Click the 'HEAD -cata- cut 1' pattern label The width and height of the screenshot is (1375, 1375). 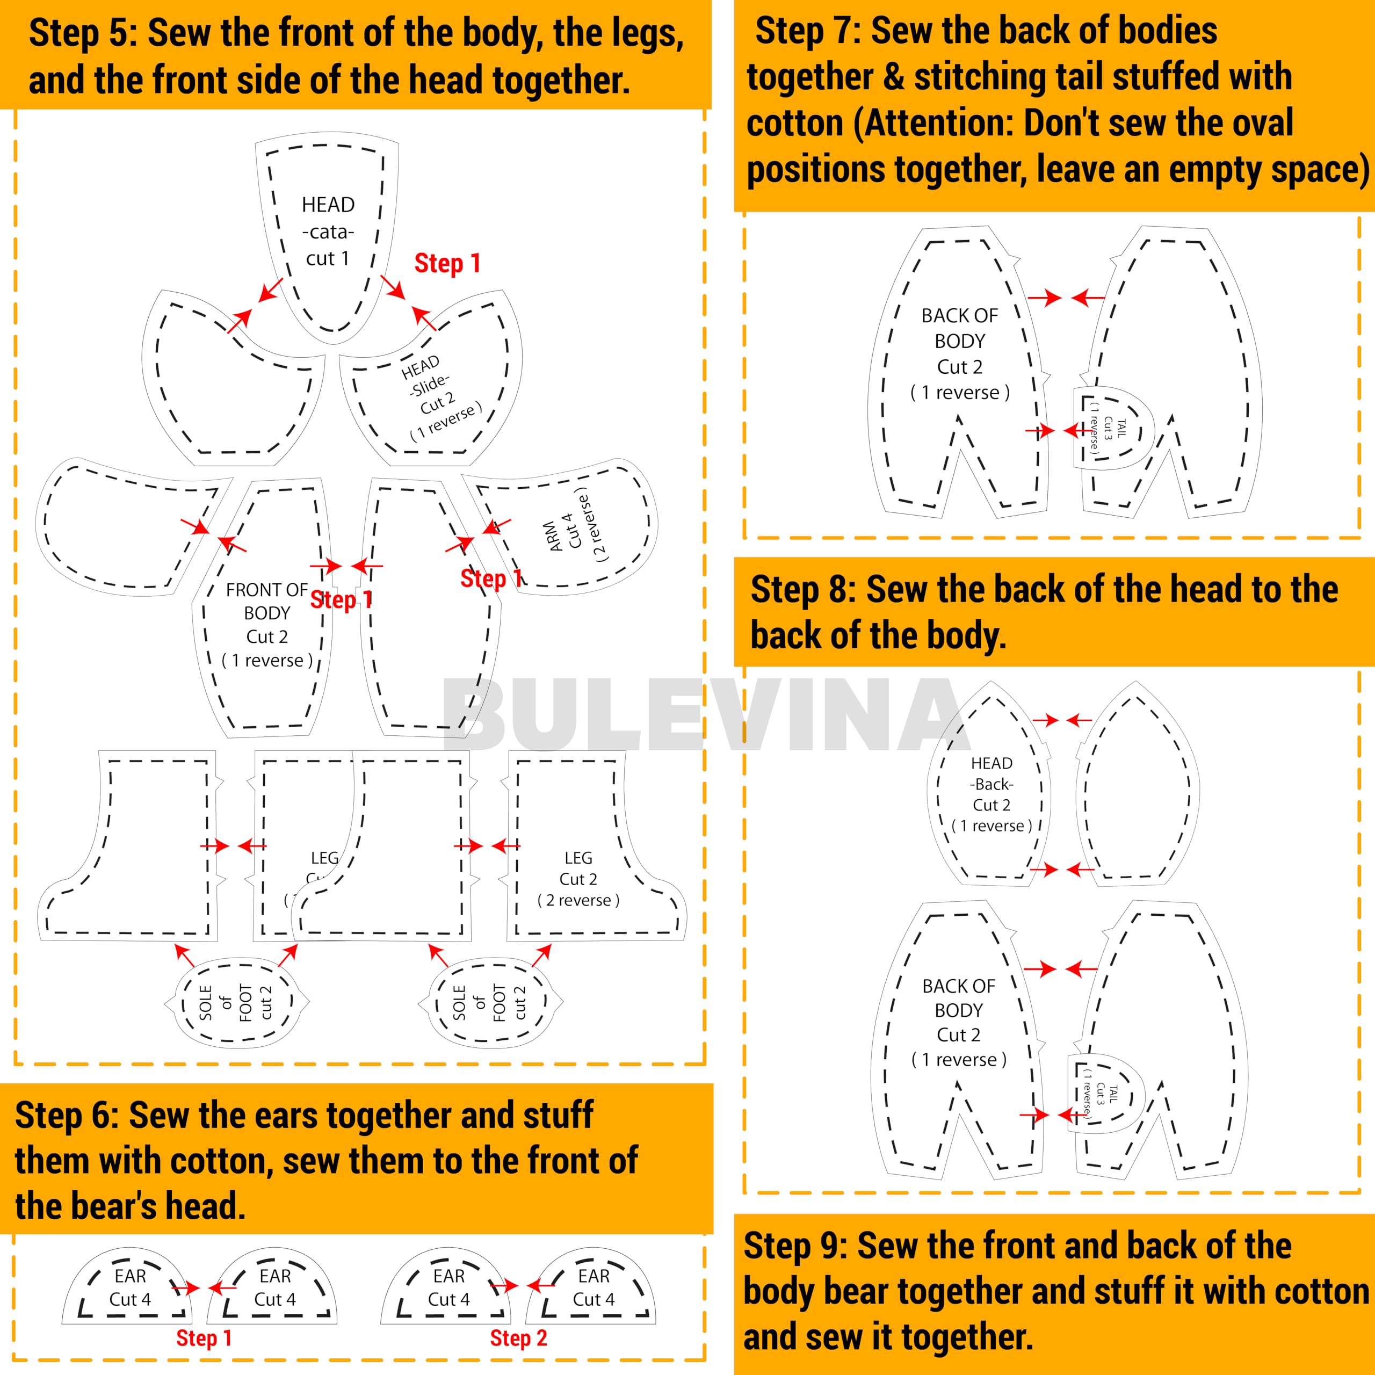pyautogui.click(x=328, y=231)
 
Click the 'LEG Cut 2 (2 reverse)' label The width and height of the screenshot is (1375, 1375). pyautogui.click(x=578, y=879)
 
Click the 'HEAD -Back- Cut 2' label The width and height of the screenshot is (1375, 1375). pyautogui.click(x=992, y=794)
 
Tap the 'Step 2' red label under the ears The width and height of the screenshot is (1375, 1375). pyautogui.click(x=518, y=1338)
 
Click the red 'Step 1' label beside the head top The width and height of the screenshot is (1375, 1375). pyautogui.click(x=447, y=263)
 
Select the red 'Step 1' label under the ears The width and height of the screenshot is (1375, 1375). pyautogui.click(x=204, y=1338)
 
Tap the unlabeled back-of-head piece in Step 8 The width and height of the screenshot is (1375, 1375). pyautogui.click(x=1137, y=790)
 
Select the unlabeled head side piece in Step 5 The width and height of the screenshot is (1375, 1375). pyautogui.click(x=228, y=385)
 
